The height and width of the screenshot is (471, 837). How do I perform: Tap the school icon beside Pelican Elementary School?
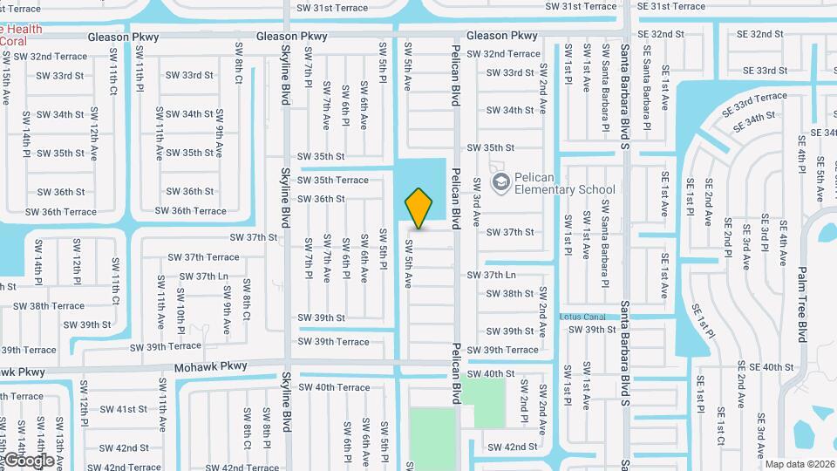click(501, 181)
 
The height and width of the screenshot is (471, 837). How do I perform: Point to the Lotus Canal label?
click(582, 317)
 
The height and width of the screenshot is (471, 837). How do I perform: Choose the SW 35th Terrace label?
click(333, 180)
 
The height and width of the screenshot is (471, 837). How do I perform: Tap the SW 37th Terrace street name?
click(199, 257)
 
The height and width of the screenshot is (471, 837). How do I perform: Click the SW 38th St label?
click(510, 294)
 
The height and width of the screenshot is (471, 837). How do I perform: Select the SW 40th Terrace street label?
click(335, 387)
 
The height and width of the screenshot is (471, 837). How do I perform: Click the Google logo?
click(28, 460)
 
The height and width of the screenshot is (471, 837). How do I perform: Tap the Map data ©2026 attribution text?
click(800, 464)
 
